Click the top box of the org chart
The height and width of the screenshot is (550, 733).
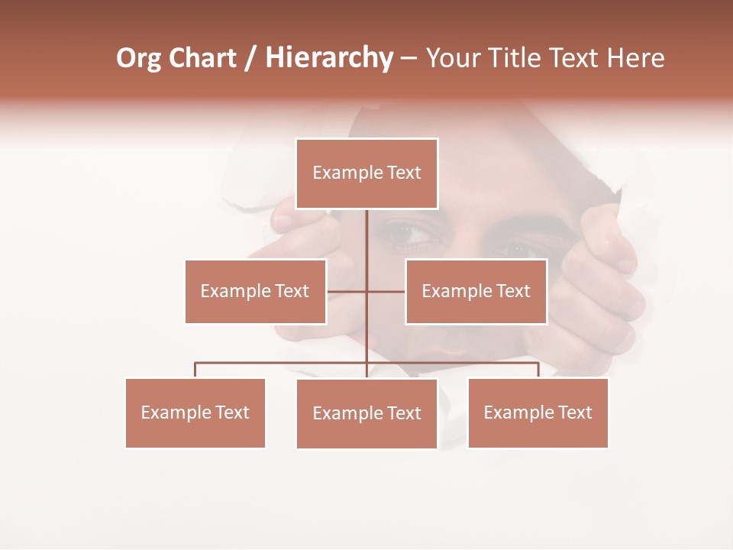366,173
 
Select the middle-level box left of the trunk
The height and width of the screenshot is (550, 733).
255,291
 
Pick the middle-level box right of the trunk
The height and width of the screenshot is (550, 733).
476,291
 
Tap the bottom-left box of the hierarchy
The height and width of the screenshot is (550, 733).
195,412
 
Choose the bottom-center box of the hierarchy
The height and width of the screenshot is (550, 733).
366,413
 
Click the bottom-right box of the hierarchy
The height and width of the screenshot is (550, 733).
538,412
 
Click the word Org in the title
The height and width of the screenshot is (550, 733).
138,59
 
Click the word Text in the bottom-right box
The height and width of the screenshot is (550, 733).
575,412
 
